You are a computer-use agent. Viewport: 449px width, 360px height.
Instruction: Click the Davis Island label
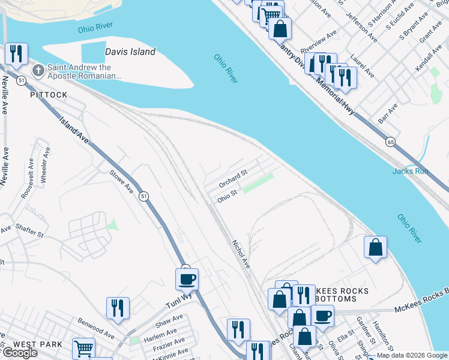(130, 52)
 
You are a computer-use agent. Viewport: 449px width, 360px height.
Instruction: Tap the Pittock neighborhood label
(49, 95)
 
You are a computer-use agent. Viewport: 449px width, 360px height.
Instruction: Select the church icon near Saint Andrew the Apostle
(38, 72)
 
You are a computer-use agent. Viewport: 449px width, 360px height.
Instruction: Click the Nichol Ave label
(241, 254)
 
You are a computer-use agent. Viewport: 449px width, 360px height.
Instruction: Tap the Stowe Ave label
(121, 182)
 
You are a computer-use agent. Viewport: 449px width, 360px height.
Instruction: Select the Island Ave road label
(74, 129)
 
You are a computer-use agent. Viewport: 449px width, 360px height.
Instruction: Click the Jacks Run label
(411, 171)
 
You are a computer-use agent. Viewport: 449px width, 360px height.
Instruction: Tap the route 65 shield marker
(391, 142)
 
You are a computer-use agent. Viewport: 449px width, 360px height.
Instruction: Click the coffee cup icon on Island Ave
(187, 279)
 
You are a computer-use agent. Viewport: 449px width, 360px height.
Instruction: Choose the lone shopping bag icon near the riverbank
(375, 247)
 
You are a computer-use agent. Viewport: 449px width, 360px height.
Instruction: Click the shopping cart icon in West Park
(83, 349)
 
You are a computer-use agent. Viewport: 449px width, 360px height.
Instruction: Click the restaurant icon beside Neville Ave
(16, 53)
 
